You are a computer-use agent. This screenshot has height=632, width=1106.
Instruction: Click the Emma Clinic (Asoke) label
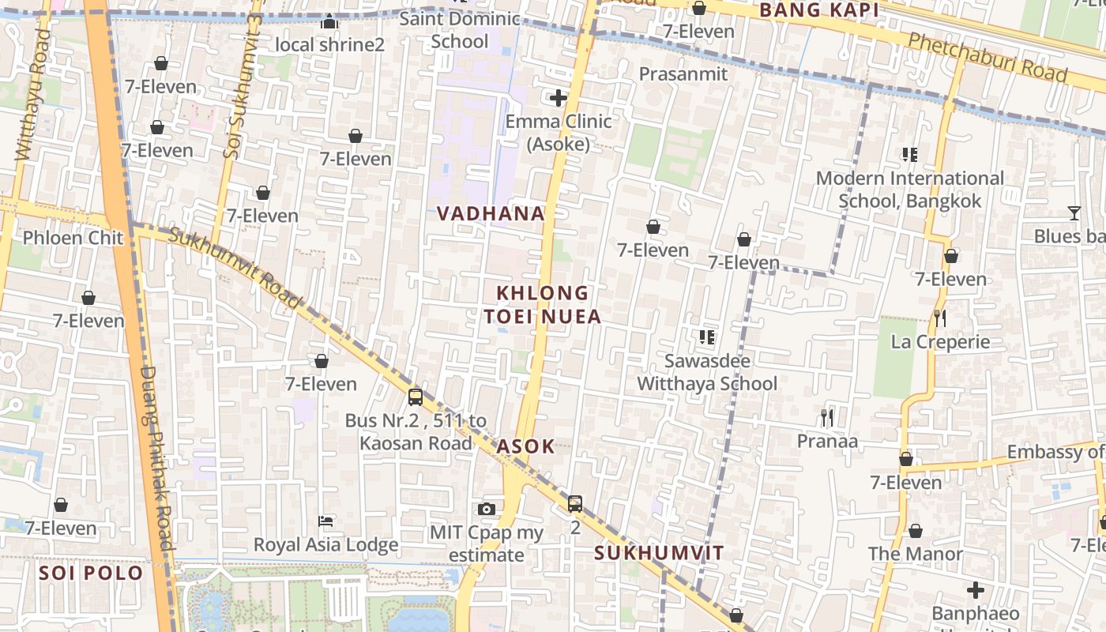tap(559, 133)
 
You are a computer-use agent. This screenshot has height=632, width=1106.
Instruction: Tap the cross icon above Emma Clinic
tap(559, 98)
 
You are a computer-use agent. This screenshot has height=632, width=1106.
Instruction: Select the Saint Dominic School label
tap(460, 29)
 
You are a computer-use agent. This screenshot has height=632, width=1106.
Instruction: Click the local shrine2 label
tap(329, 44)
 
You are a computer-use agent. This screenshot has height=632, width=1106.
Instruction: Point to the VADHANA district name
tap(491, 213)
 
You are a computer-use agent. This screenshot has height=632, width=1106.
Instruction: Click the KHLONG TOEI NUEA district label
tap(543, 305)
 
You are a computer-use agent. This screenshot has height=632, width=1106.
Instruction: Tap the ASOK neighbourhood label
tap(526, 446)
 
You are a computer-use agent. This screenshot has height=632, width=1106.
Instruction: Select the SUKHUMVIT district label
tap(659, 553)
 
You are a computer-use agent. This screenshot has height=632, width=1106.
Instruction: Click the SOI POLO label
tap(92, 573)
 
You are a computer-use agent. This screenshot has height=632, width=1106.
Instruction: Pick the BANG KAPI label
tap(819, 10)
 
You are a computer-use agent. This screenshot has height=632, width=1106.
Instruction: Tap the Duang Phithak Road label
tap(156, 458)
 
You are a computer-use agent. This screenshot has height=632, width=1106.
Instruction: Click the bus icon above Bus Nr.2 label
tap(416, 397)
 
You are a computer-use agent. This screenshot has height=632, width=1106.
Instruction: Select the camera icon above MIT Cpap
tap(487, 509)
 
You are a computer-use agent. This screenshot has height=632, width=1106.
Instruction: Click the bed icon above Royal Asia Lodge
tap(325, 521)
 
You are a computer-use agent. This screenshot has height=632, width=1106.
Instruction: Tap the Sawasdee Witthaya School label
tap(707, 372)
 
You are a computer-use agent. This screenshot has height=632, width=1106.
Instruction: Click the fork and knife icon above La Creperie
tap(940, 318)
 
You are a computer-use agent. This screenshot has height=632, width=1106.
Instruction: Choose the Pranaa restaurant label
tap(827, 441)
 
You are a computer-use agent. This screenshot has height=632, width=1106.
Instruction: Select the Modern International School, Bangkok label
tap(909, 190)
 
